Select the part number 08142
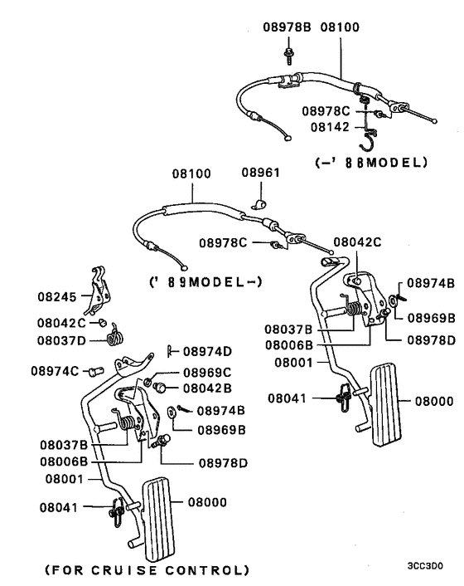point(333,127)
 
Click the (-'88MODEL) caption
point(370,163)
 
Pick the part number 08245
point(56,295)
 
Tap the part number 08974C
point(56,370)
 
